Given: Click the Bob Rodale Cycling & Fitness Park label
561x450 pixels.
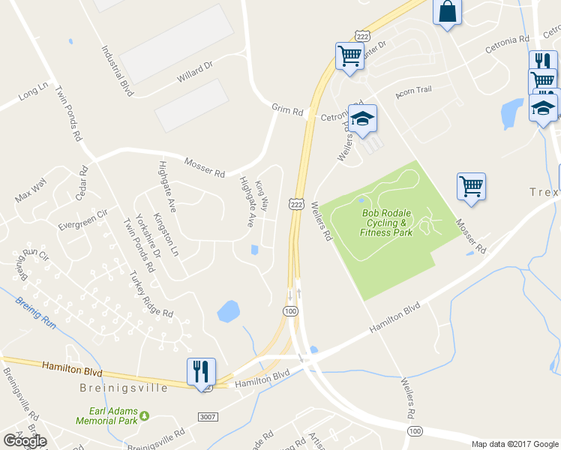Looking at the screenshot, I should [x=387, y=223].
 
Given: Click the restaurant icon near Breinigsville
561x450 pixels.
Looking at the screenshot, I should [x=201, y=370].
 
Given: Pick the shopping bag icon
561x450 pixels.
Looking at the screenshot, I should [x=447, y=12].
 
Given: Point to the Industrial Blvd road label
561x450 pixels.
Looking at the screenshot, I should [x=118, y=69].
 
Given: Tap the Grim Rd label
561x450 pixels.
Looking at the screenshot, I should [x=287, y=110].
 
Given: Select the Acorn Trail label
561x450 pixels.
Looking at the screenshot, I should [x=414, y=90].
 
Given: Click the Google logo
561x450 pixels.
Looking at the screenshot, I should [x=25, y=440].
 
